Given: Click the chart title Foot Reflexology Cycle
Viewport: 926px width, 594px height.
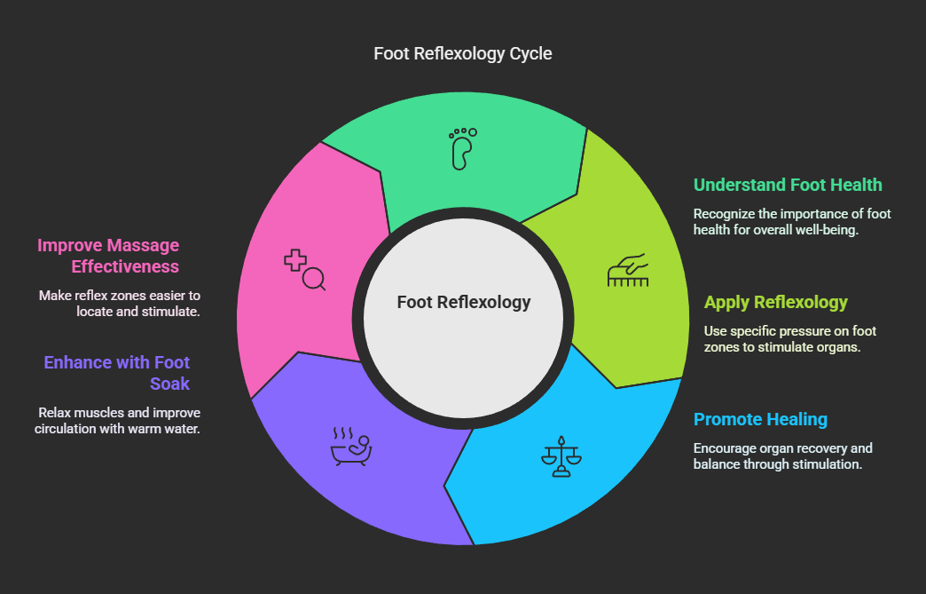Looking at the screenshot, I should [x=462, y=54].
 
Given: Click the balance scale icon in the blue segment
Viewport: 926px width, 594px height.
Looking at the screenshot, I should [x=561, y=456].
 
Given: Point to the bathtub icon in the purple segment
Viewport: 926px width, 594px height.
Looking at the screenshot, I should [x=351, y=447].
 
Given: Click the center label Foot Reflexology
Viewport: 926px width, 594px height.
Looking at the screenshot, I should [x=463, y=302].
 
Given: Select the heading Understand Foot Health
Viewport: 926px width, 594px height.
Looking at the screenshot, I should [x=788, y=185].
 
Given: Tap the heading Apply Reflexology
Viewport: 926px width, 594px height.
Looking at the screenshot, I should [x=776, y=302].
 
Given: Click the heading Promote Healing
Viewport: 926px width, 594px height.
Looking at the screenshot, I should [x=760, y=419].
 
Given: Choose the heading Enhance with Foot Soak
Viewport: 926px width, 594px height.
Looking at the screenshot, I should [x=117, y=373].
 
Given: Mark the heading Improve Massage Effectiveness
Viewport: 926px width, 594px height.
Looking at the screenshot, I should [x=108, y=256].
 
